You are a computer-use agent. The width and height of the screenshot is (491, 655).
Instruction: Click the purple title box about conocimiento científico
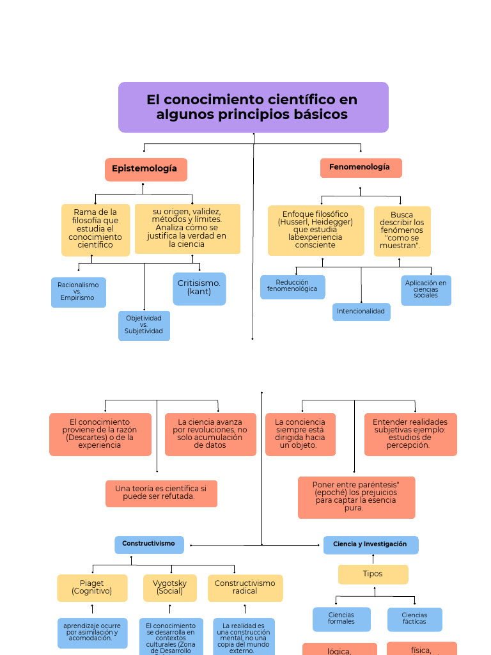point(253,107)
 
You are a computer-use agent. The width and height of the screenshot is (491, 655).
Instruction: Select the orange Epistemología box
point(146,169)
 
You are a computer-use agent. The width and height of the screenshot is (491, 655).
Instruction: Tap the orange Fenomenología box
point(361,168)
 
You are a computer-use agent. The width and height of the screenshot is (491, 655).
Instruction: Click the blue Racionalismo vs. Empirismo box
point(78,292)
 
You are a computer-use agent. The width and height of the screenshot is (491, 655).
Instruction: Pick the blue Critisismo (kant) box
point(199,288)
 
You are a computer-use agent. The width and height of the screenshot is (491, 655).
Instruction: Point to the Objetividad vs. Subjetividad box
point(144,325)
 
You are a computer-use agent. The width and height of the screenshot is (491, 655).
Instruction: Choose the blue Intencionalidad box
point(361,312)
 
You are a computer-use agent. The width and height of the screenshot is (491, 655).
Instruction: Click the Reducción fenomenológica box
point(292,286)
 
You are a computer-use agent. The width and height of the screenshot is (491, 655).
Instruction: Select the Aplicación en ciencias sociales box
point(426,290)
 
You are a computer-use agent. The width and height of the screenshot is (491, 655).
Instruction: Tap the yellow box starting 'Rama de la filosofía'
point(95,229)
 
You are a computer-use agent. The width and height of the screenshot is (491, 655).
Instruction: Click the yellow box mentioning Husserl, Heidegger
point(316,230)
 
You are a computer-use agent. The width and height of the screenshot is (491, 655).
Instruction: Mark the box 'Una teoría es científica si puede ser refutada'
point(161,493)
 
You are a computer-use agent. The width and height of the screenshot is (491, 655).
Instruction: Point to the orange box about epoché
point(356,497)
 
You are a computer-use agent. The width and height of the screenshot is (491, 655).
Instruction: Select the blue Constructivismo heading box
point(149,544)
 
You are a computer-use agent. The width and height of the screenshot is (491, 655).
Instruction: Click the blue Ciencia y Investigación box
point(370,544)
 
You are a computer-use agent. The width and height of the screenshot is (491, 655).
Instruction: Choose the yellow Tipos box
point(373,574)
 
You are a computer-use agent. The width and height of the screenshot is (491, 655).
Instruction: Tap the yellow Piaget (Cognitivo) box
point(92,588)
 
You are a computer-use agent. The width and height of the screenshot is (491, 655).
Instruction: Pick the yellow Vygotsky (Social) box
point(170,588)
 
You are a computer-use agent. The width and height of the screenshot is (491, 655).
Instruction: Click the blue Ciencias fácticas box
point(414,619)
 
